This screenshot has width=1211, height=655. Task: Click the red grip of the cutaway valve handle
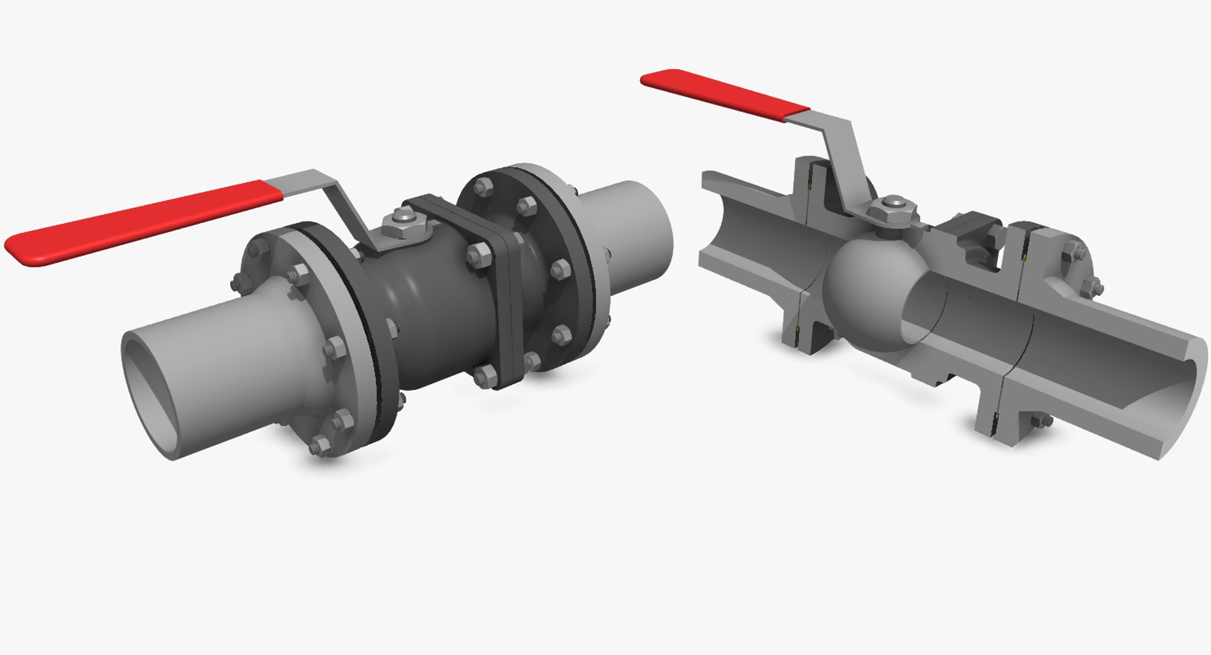725,95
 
